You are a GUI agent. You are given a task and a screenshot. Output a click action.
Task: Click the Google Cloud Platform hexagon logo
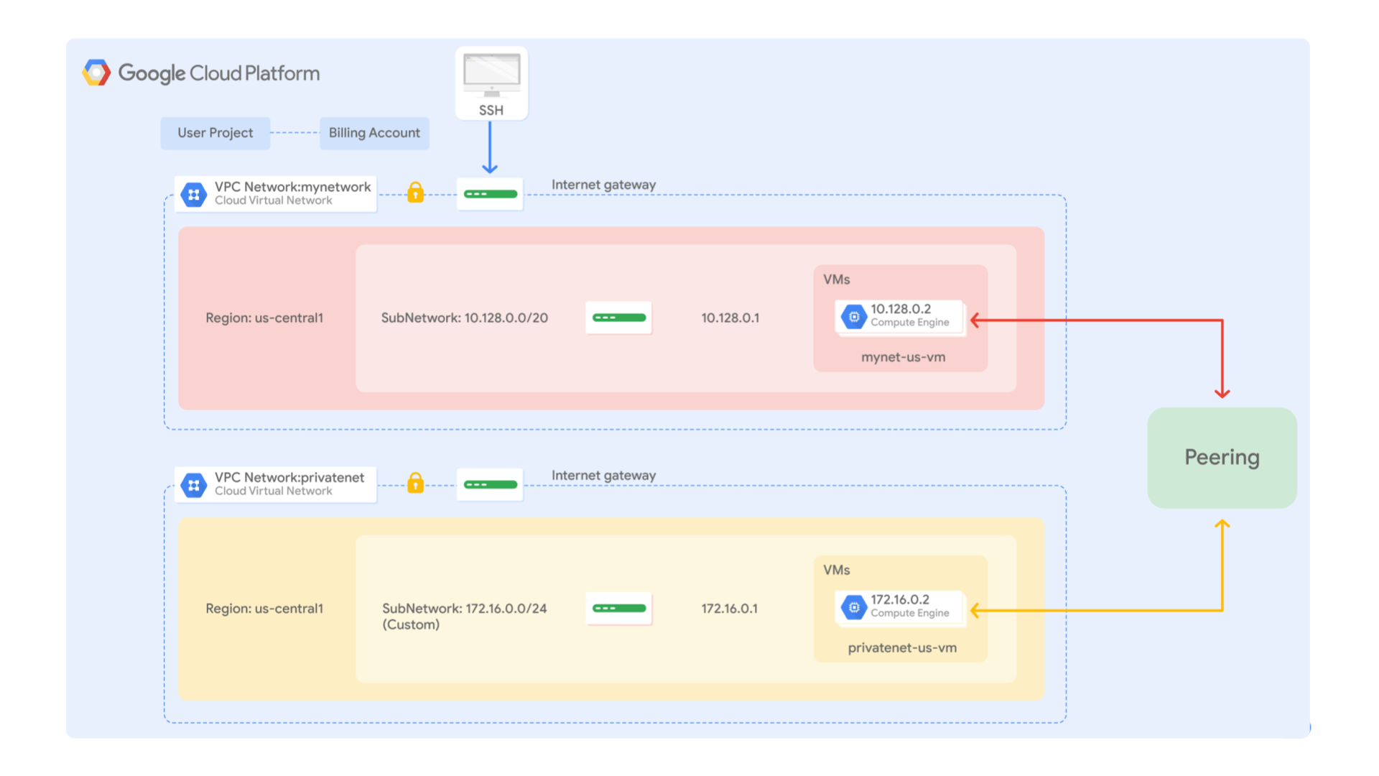[x=96, y=73]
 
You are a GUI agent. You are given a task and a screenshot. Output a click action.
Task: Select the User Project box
[x=215, y=133]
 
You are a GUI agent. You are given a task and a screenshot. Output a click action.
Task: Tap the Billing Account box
[x=374, y=133]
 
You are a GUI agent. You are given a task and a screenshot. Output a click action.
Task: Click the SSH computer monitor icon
[x=491, y=75]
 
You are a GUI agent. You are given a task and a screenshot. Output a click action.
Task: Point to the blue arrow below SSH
[x=490, y=148]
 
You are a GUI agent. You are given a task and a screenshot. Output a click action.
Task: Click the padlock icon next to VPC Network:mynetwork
[x=415, y=193]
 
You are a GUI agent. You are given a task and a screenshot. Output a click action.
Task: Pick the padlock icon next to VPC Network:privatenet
[x=415, y=483]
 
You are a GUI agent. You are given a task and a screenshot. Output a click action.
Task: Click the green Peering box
[x=1222, y=458]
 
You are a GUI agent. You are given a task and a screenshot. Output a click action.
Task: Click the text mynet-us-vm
[x=903, y=357]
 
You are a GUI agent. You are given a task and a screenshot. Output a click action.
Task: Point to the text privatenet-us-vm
[x=902, y=647]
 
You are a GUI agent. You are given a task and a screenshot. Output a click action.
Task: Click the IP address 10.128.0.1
[x=730, y=318]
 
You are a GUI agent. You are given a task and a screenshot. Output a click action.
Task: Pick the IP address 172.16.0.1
[x=729, y=609]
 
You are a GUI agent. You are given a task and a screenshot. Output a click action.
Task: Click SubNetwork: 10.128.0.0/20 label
[x=464, y=318]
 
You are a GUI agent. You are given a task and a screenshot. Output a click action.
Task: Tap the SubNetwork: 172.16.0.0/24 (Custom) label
[x=464, y=616]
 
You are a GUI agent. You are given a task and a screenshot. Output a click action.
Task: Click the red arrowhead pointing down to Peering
[x=1222, y=392]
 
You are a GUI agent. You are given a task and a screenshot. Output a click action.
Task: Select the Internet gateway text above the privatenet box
[x=603, y=475]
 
